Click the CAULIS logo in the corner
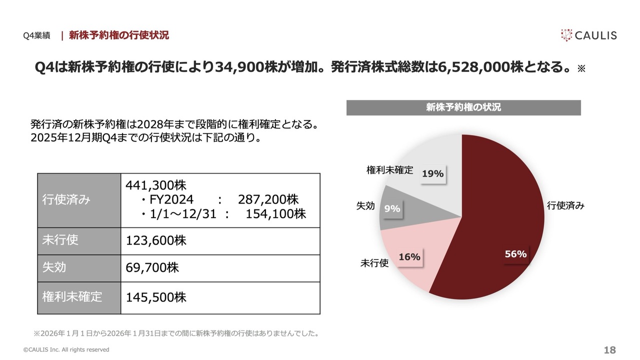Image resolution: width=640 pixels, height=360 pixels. [x=588, y=35]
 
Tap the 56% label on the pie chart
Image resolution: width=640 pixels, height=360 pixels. [x=515, y=254]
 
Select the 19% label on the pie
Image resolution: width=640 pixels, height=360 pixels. [x=432, y=173]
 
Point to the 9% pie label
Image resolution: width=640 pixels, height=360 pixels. [x=392, y=209]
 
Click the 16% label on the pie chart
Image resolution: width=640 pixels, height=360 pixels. [x=409, y=257]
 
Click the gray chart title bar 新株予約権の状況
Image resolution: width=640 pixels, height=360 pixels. [x=463, y=107]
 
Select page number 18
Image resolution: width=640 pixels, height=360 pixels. [x=609, y=350]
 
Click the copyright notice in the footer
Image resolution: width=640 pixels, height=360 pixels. [x=66, y=349]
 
